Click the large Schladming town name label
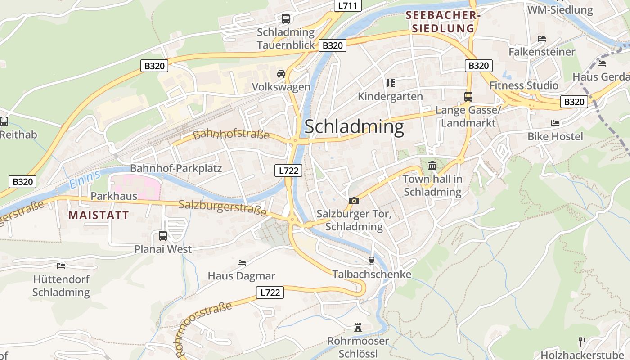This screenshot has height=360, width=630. tap(354, 126)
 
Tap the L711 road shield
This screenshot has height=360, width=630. tap(348, 6)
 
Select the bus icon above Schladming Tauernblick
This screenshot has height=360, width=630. tap(286, 19)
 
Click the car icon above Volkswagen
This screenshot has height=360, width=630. tap(281, 73)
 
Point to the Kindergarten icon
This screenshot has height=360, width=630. tap(390, 83)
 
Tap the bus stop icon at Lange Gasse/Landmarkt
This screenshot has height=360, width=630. tap(468, 97)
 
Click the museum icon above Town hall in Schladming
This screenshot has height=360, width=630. tap(432, 166)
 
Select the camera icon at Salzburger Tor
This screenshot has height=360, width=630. tap(354, 201)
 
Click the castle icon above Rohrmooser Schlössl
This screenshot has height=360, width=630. tap(358, 327)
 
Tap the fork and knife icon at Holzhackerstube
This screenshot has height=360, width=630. tap(582, 342)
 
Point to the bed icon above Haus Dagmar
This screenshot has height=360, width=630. tap(242, 262)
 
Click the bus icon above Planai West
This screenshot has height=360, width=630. tap(163, 235)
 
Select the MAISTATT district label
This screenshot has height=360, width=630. tap(99, 215)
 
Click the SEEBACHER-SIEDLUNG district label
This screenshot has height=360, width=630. tap(441, 22)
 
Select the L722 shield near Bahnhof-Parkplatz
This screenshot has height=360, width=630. tap(288, 171)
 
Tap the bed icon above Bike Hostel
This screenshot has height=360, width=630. tap(555, 123)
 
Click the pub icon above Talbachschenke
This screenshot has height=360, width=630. tap(371, 261)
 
